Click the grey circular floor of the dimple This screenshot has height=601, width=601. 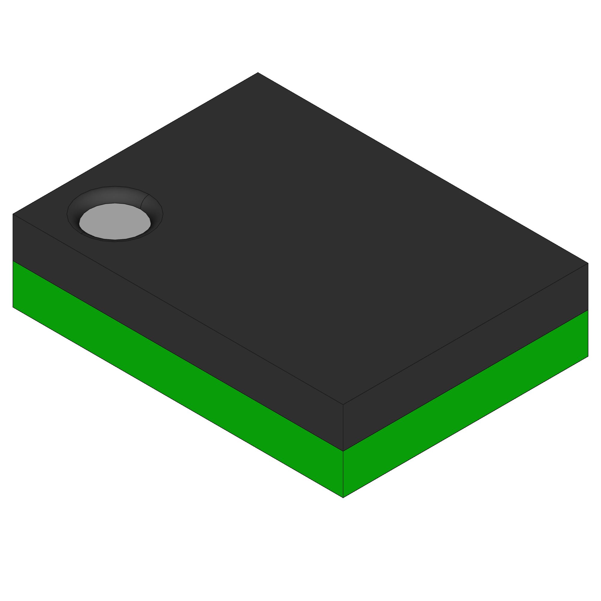[x=115, y=221]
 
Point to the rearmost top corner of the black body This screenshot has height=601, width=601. [x=258, y=72]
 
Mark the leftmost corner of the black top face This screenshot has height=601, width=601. [x=13, y=214]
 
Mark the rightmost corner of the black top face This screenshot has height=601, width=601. [x=588, y=263]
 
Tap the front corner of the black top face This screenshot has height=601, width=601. [x=343, y=404]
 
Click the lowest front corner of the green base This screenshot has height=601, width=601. [x=343, y=498]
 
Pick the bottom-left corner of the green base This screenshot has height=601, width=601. [x=13, y=307]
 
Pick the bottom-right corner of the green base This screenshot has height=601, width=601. [x=588, y=356]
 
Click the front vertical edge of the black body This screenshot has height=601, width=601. [x=343, y=428]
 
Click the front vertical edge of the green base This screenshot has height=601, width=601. [x=343, y=474]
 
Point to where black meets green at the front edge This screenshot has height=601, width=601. [x=343, y=451]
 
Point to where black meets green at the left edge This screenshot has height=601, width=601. [x=13, y=261]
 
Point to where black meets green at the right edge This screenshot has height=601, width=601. [x=588, y=310]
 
